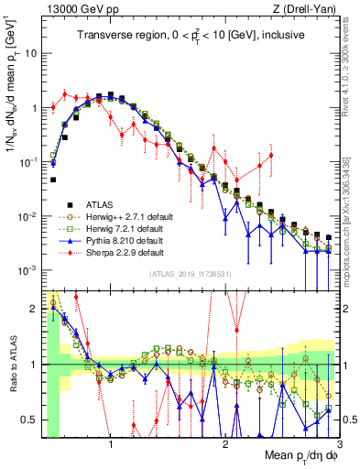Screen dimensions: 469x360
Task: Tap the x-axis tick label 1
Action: [x=111, y=446]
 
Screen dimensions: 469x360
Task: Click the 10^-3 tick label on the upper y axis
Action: [x=28, y=270]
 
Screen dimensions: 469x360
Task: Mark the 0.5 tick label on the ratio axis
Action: [x=30, y=420]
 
